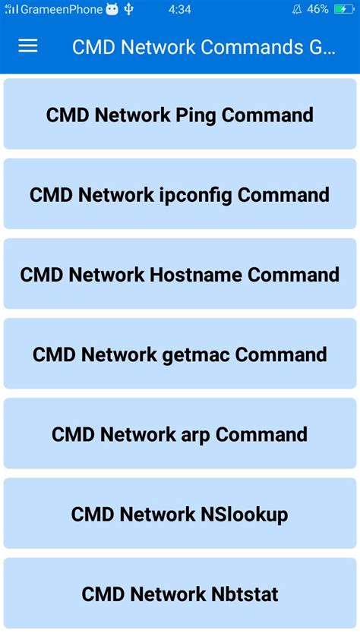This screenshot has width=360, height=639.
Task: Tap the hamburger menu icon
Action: pos(28,46)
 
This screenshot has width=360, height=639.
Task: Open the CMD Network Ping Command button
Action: pos(180,115)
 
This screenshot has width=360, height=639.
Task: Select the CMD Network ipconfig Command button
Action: pos(180,194)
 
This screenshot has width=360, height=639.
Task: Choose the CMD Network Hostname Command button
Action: pos(180,274)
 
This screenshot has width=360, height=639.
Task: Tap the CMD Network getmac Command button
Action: pos(180,354)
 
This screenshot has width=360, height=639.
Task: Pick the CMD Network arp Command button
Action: pos(180,434)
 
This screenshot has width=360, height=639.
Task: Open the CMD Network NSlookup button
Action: pos(180,515)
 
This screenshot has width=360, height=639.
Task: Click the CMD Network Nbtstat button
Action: pos(180,593)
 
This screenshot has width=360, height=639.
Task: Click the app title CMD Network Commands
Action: pos(204,47)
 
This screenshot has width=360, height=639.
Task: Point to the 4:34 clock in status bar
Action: pos(180,10)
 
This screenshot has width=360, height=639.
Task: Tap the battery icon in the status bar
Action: pos(343,10)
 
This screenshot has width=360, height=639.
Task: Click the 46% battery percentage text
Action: pos(318,10)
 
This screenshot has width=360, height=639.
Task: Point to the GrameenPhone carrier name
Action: pos(62,10)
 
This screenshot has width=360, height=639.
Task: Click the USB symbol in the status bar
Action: pos(129,10)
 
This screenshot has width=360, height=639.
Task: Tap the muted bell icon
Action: pos(296,10)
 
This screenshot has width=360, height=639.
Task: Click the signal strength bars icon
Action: pos(11,10)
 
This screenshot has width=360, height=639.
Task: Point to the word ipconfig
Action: pos(196,194)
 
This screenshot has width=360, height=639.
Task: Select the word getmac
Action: pos(201,354)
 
